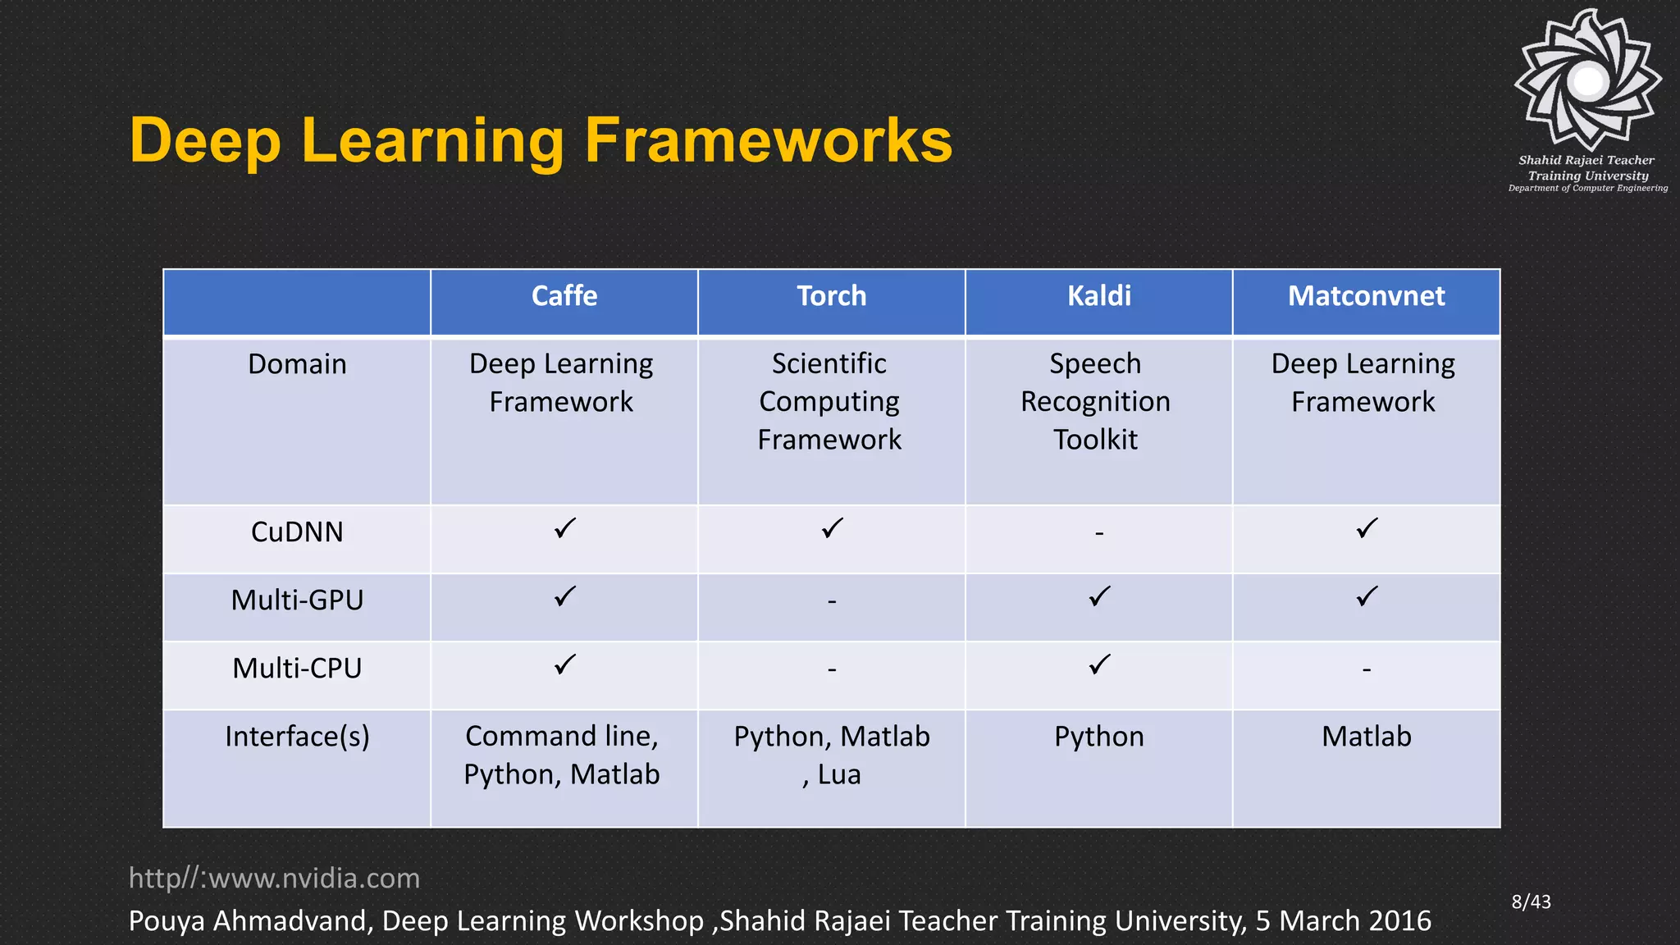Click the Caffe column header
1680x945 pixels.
[564, 296]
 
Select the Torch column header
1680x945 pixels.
[831, 296]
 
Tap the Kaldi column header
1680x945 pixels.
[1098, 296]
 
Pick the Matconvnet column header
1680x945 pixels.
[1366, 296]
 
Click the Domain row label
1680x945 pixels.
[297, 364]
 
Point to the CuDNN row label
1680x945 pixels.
[297, 532]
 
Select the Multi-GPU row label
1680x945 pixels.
[297, 600]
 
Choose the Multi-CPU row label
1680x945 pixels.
[297, 669]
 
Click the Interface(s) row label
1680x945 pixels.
[297, 737]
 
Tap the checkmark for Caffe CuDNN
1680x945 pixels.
[564, 529]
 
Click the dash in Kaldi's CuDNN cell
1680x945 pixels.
[1099, 534]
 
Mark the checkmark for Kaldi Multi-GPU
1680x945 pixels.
[1099, 596]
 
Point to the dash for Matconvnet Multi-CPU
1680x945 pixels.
[1367, 670]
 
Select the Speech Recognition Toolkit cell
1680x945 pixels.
[1096, 402]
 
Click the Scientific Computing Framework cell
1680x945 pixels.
[829, 402]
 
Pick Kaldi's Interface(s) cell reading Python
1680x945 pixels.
[1099, 737]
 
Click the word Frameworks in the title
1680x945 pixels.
[768, 140]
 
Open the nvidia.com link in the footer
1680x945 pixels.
[274, 879]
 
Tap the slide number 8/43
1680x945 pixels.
[1531, 902]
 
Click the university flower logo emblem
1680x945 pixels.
[1588, 80]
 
